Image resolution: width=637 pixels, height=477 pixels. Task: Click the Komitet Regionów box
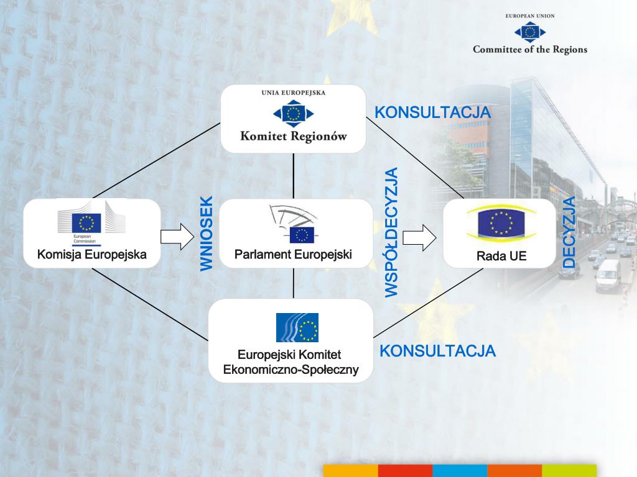294,119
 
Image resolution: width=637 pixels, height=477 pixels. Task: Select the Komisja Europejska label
91,254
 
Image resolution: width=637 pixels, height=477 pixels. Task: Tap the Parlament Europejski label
293,254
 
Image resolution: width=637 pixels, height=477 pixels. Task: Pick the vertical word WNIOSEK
207,234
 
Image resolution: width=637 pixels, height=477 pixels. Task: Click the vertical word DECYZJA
569,232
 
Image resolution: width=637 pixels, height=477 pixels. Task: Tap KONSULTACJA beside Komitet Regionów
433,112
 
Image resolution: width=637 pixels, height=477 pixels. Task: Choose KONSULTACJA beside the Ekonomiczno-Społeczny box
437,351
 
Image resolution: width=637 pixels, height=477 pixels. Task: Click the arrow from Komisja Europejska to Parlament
177,237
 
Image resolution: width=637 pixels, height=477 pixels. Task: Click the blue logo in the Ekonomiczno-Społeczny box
297,327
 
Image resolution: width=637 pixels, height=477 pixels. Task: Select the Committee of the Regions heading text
529,50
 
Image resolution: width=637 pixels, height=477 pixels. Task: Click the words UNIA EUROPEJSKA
294,94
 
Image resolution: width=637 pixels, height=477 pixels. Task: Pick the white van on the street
608,276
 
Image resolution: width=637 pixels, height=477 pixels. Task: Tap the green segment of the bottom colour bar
569,470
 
